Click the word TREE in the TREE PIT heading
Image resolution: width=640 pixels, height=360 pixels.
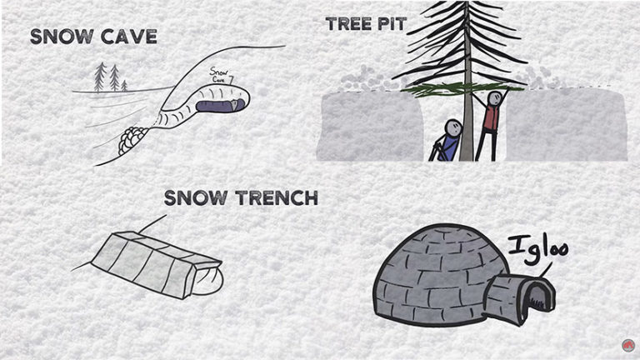[350, 23]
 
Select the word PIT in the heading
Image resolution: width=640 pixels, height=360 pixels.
[392, 23]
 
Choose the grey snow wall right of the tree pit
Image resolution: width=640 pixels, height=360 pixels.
[567, 125]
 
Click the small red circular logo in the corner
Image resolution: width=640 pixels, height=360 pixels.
[627, 345]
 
